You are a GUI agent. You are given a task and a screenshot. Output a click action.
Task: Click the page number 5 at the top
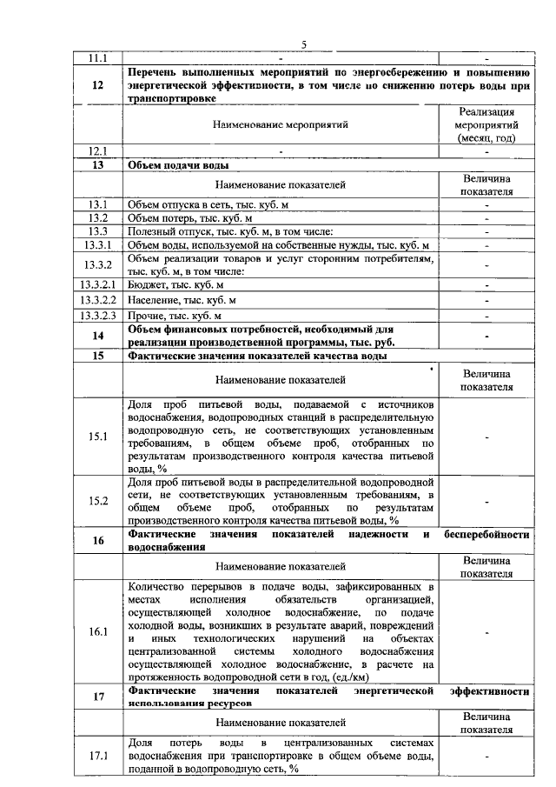(304, 45)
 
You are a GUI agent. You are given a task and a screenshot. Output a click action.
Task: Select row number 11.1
(98, 57)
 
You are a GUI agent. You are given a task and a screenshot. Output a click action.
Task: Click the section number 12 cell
(98, 85)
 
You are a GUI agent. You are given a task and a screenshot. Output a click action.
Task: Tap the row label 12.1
(98, 150)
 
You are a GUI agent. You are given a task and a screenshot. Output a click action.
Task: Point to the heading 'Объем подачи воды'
(174, 164)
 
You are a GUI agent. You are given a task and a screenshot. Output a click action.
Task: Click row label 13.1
(98, 204)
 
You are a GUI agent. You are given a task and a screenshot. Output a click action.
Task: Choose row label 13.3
(98, 231)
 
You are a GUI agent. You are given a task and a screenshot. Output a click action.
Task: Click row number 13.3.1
(98, 245)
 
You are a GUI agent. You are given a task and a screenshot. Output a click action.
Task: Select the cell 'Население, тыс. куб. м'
(182, 299)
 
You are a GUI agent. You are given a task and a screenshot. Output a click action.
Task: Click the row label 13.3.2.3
(98, 315)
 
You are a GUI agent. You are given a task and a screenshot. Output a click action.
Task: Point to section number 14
(98, 335)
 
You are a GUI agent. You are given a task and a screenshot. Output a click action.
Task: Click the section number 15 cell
(98, 356)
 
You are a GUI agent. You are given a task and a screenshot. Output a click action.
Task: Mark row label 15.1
(98, 436)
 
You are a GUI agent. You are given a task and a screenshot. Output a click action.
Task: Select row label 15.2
(98, 500)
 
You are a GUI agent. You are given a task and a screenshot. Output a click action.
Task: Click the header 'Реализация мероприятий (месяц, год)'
(486, 124)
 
